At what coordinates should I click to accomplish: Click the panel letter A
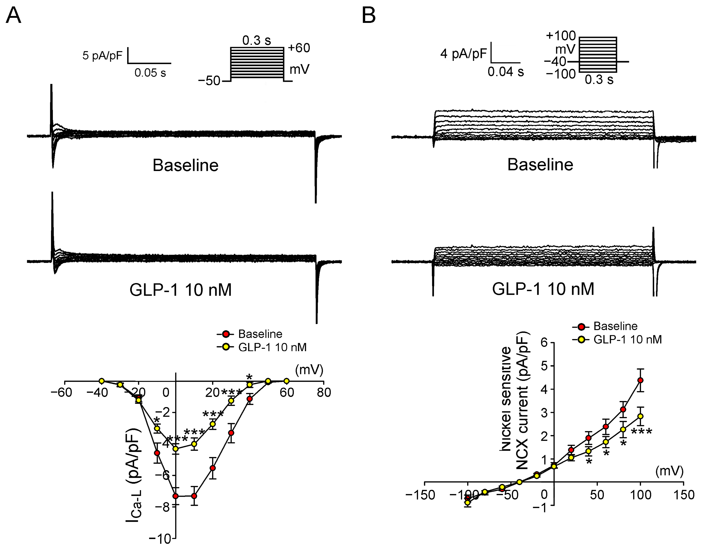point(13,15)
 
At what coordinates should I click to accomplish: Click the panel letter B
point(369,15)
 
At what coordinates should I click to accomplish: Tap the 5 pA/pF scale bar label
point(102,56)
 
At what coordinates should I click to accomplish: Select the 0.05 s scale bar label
point(150,73)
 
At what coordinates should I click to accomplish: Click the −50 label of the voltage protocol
point(209,81)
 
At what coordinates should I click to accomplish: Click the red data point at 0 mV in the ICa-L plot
point(176,496)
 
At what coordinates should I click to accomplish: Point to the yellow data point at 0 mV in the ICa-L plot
point(176,449)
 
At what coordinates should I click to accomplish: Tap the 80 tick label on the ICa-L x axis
point(323,392)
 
